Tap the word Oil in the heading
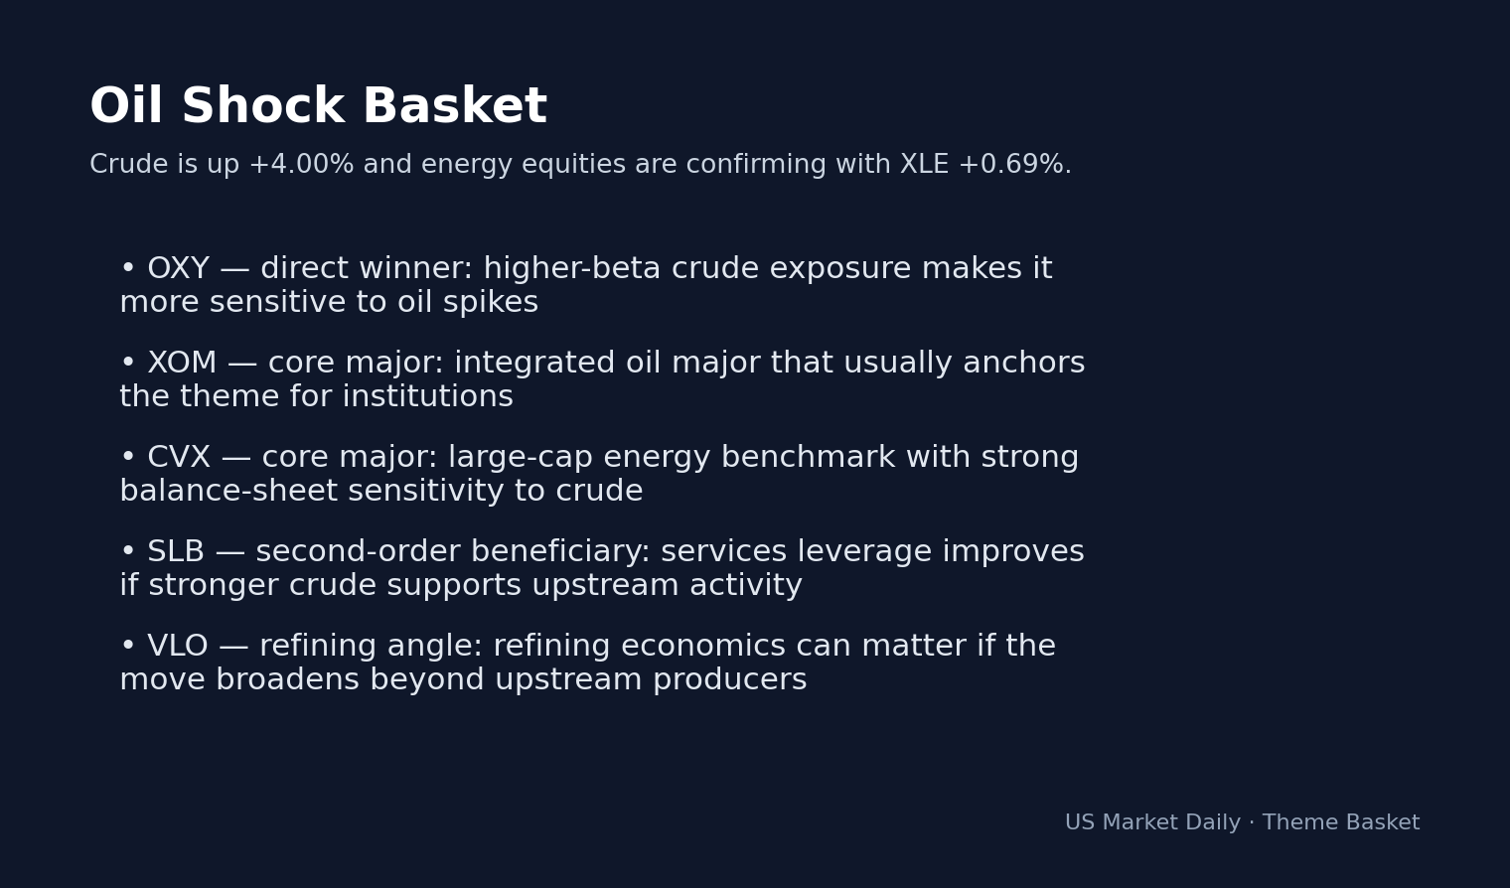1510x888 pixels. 126,107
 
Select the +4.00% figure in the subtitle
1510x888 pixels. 301,165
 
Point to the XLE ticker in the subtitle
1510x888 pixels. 924,165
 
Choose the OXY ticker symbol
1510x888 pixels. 178,269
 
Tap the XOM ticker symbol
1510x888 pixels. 182,364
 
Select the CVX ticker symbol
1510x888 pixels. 179,458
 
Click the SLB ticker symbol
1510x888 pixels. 176,552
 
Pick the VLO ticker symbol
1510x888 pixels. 178,647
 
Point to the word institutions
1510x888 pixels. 427,397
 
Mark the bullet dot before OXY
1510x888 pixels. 127,269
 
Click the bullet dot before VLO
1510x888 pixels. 127,647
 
